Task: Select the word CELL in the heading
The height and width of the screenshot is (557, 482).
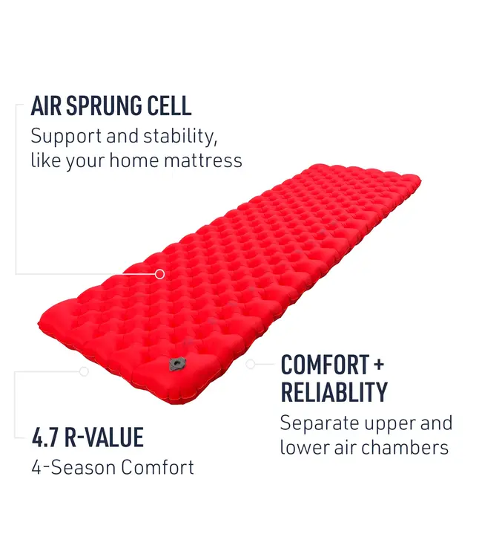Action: [x=171, y=105]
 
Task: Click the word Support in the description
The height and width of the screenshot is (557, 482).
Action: [x=65, y=137]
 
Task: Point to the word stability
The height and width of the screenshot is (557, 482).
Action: [x=181, y=137]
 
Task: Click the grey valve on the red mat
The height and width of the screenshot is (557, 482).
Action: [x=176, y=363]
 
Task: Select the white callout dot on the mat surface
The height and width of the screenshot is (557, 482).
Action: [x=159, y=274]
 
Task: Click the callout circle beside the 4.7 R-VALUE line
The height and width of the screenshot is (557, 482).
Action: [x=84, y=371]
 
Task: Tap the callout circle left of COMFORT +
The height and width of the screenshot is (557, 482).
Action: [x=251, y=364]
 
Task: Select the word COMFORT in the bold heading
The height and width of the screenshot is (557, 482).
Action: [x=325, y=365]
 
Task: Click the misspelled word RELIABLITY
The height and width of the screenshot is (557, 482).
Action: [x=334, y=391]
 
